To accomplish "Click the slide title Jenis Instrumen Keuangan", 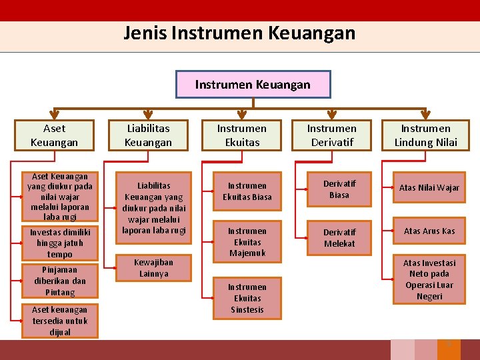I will pos(239,33).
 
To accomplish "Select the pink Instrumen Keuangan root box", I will pos(253,85).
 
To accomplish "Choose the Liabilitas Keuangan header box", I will pos(148,135).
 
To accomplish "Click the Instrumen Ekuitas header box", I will pos(241,135).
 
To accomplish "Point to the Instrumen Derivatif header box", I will pos(331,135).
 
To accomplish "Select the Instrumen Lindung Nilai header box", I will pos(425,135).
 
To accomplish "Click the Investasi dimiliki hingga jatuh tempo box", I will pos(60,243).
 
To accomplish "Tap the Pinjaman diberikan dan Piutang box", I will pos(60,281).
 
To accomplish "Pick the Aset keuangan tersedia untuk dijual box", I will pos(60,321).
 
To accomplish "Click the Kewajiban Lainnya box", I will pos(154,268).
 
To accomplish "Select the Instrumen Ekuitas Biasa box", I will pos(247,191).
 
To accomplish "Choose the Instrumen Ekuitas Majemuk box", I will pos(247,242).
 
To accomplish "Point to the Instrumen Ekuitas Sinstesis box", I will pos(247,298).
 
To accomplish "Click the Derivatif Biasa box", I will pos(339,189).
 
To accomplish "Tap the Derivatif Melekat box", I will pos(339,238).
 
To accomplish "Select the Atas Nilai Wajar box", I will pos(429,188).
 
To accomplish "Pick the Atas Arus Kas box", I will pos(429,231).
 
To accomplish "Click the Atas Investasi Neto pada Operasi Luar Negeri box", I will pos(429,279).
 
